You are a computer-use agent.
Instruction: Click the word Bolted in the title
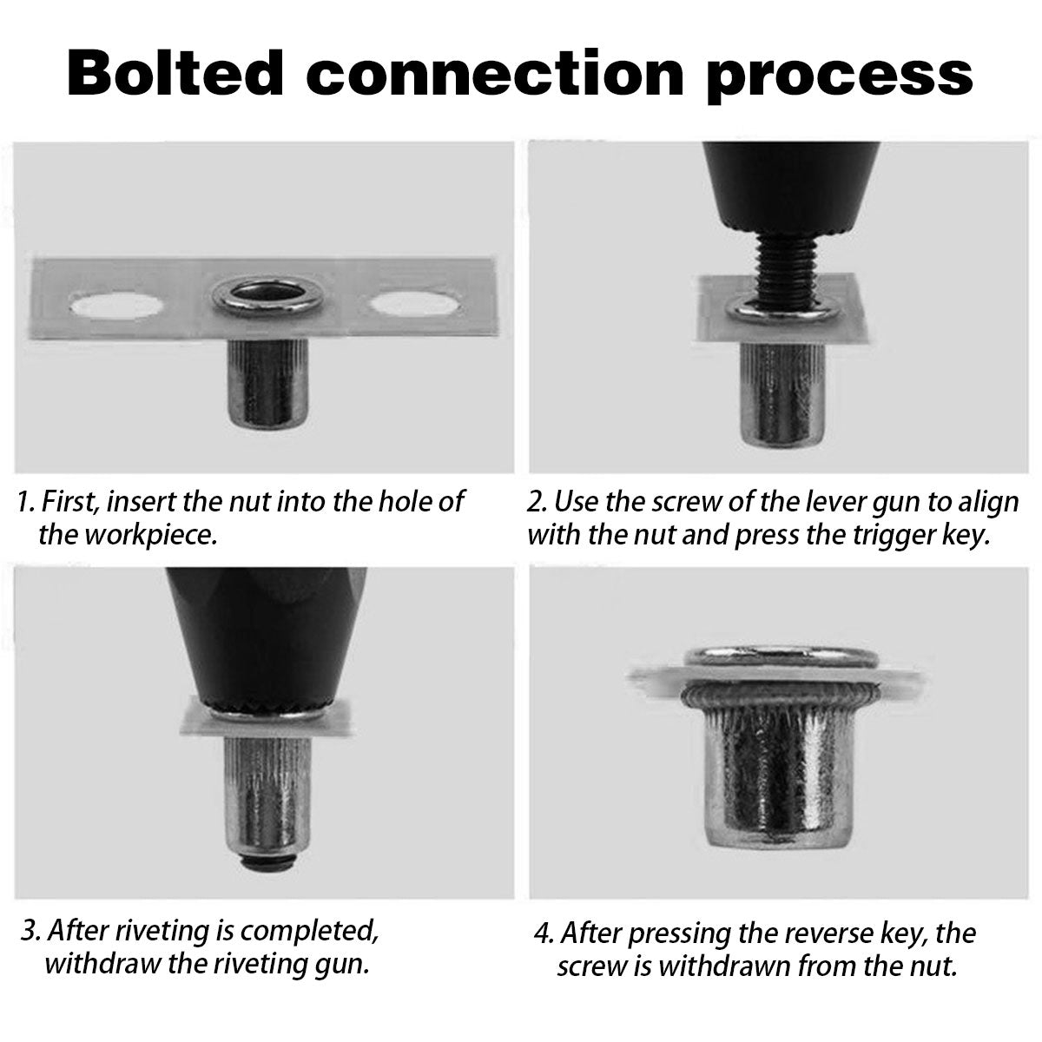point(175,72)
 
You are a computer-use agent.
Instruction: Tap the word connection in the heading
point(496,73)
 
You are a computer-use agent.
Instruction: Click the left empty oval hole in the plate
point(116,305)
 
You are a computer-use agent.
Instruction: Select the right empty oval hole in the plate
point(415,303)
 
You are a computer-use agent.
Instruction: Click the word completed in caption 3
point(309,930)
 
